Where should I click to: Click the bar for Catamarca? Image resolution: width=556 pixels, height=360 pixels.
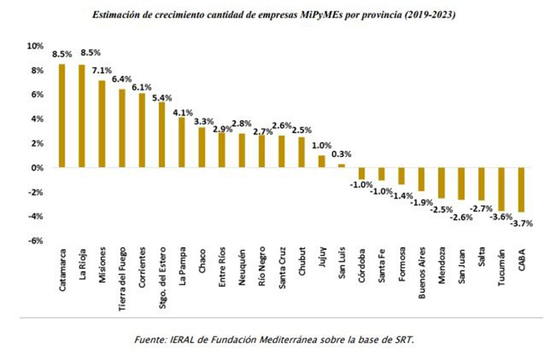click(x=62, y=116)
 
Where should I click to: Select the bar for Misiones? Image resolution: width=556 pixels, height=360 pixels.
click(x=102, y=124)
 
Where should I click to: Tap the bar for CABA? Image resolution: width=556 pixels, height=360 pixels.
click(x=521, y=189)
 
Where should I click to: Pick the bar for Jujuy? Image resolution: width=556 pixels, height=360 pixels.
click(x=321, y=161)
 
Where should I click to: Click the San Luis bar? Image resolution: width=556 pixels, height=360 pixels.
click(x=341, y=166)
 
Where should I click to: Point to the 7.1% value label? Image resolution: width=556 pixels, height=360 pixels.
click(x=102, y=71)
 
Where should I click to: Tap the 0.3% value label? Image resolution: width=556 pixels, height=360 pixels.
click(x=341, y=154)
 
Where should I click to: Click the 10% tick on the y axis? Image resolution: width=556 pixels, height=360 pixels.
click(x=35, y=46)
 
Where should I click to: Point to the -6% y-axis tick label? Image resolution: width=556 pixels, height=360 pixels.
click(x=34, y=241)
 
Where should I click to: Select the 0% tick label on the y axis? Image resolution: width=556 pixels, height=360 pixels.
click(x=37, y=167)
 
